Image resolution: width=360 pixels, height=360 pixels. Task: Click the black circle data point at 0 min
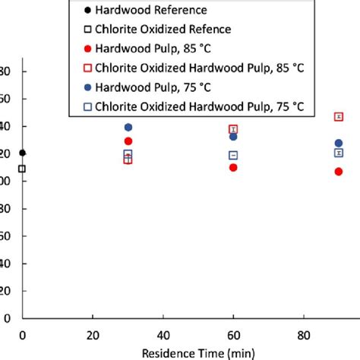22,153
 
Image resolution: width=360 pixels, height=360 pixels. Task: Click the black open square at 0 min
22,169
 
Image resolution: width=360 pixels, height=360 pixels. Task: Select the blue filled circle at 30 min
128,128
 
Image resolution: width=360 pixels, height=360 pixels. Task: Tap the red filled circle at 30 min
128,141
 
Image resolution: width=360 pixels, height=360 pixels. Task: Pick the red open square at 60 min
233,129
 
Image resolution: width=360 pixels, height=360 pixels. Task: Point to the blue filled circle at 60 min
233,137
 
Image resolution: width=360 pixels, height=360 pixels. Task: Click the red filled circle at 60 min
233,167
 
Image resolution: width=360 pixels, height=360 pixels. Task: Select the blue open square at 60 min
233,156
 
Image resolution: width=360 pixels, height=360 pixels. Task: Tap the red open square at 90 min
339,116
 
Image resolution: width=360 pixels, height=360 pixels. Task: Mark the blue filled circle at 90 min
339,143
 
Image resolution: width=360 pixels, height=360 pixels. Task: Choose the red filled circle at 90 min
339,172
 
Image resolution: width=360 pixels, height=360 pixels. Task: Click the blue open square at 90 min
339,153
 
